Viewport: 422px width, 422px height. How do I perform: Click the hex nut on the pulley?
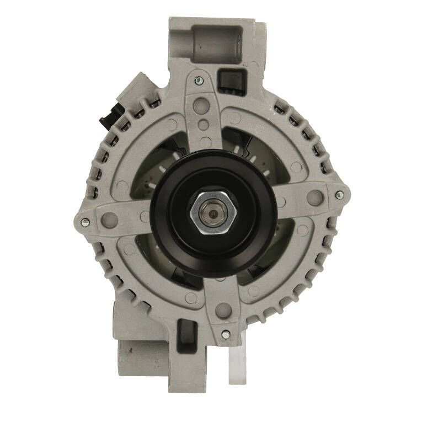point(213,212)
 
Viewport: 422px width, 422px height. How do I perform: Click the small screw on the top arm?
point(199,81)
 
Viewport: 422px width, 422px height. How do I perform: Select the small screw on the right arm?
point(339,195)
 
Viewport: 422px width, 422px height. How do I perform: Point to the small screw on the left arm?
point(85,222)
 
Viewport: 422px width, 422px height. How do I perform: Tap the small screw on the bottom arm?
point(225,334)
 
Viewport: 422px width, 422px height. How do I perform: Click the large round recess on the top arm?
point(202,105)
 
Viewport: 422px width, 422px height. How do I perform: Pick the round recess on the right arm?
point(314,197)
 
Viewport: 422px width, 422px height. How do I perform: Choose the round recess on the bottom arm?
point(223,309)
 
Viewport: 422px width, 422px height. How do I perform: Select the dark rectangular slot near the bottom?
point(188,333)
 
